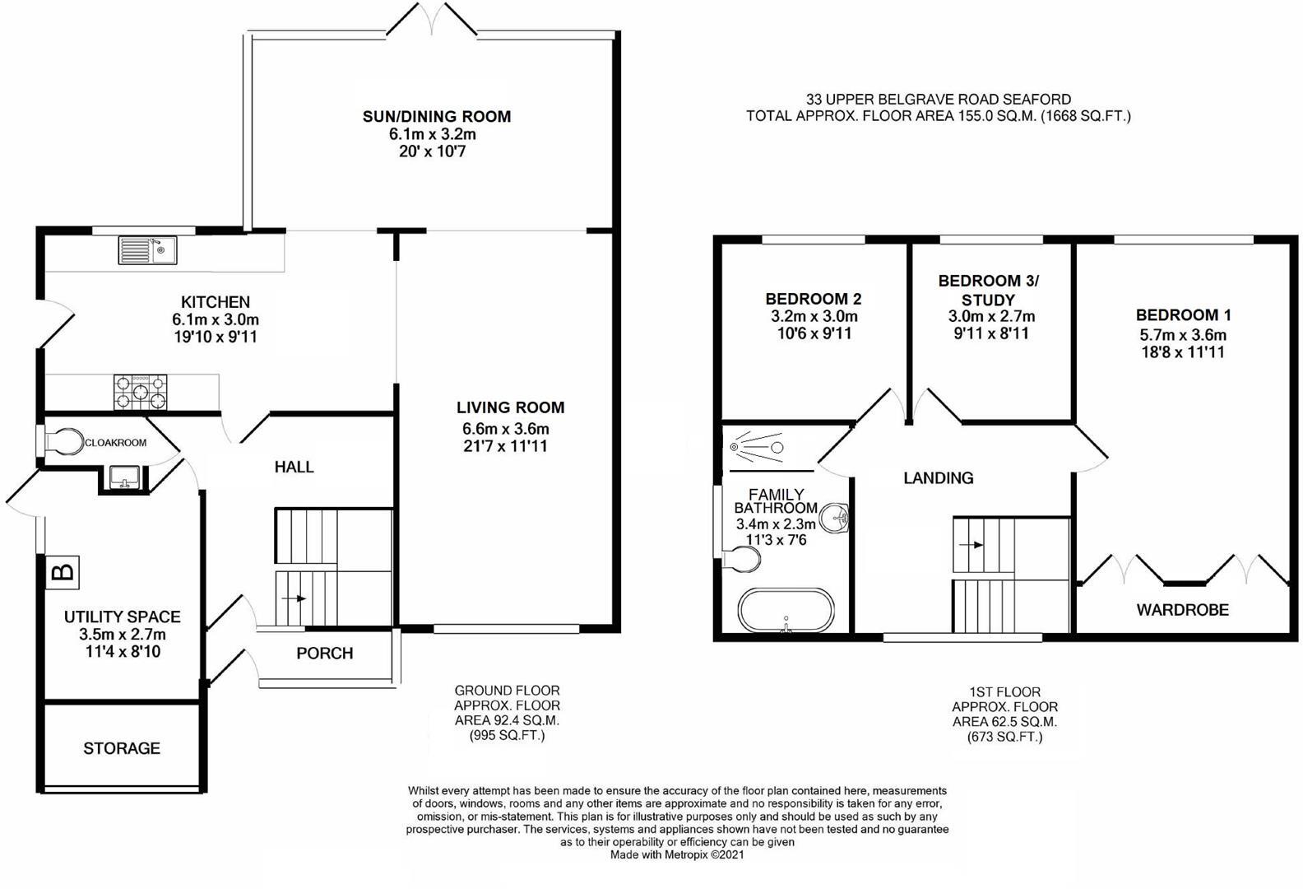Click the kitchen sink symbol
[147, 249]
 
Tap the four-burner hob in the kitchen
[140, 392]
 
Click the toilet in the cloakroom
[63, 441]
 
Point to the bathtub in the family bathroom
[786, 611]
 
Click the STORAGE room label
[122, 748]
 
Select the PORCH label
[324, 654]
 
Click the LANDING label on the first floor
[938, 478]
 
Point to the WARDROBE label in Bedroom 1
[1182, 610]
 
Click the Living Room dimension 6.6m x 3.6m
[505, 429]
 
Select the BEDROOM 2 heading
[813, 299]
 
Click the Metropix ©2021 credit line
[677, 855]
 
